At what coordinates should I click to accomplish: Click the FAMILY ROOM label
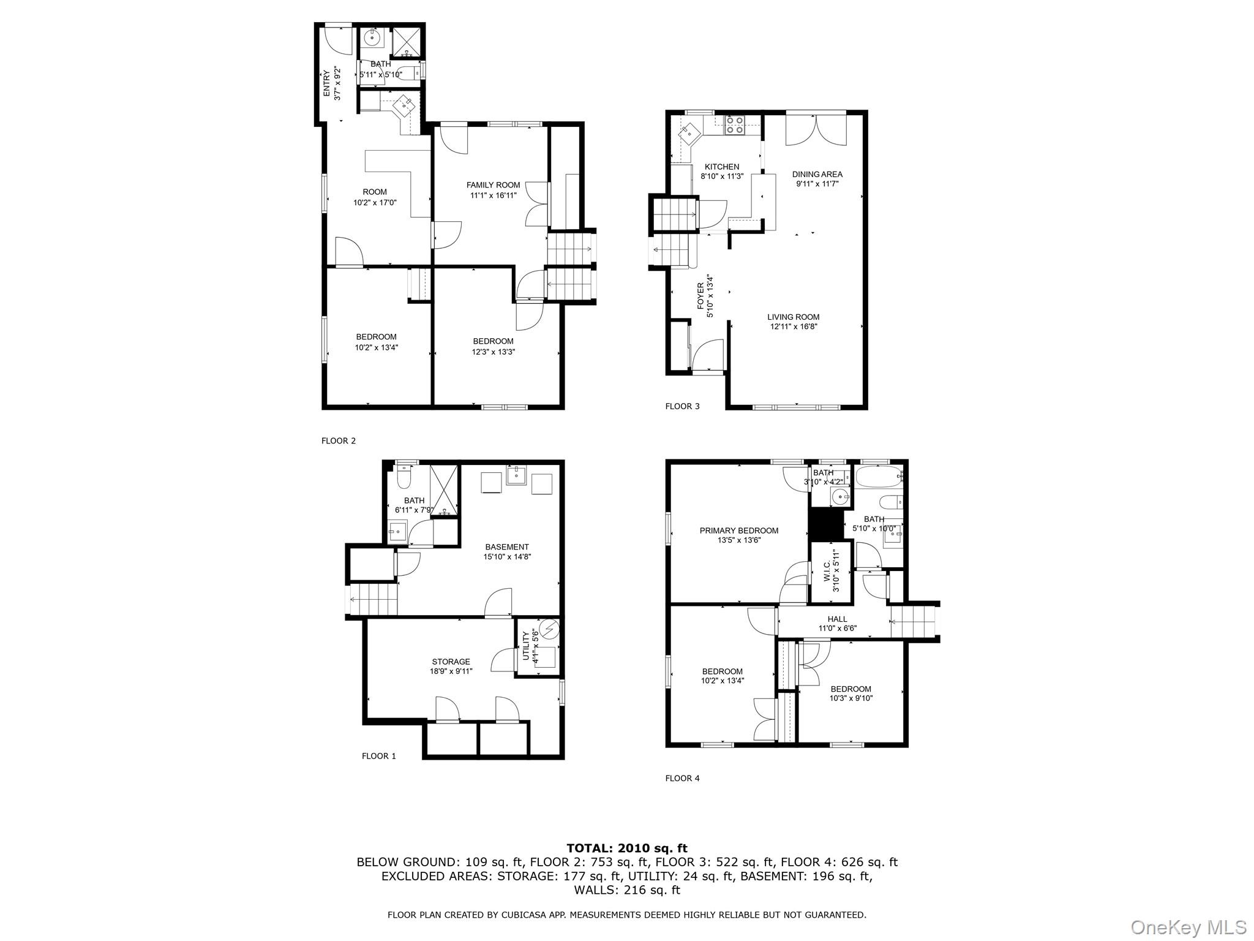pos(493,185)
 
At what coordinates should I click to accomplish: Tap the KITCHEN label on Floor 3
pos(722,167)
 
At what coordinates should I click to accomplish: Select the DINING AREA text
pos(817,174)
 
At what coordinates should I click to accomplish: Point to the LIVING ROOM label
pos(794,317)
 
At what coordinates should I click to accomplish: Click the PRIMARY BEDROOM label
pos(739,531)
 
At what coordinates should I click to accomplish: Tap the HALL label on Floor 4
pos(837,619)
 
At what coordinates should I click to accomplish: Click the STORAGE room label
pos(451,662)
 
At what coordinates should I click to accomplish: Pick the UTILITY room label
pos(525,645)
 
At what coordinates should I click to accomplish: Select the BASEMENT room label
pos(507,547)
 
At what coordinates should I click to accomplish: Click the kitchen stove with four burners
pos(734,125)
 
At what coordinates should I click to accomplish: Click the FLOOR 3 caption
pos(682,406)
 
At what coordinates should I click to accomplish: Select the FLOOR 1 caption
pos(378,756)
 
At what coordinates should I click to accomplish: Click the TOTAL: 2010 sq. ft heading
pos(627,848)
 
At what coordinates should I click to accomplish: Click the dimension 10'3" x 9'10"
pos(851,698)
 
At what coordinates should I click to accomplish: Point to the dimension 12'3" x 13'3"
pos(493,352)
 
